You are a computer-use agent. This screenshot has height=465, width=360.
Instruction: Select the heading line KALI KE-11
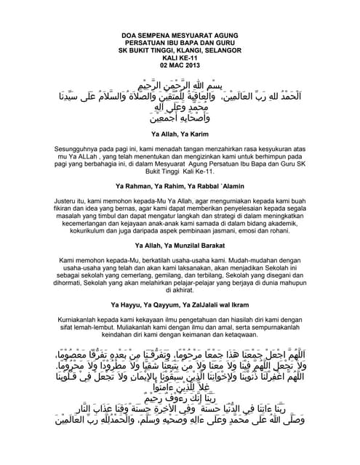(x=180, y=58)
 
